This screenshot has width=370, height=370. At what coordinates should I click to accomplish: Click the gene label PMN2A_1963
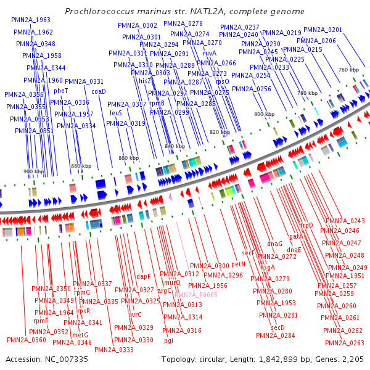31,20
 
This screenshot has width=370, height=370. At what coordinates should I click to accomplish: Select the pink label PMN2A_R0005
196,295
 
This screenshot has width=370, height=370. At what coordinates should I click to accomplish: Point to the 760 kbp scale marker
348,70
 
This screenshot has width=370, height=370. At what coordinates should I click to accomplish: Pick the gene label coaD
99,91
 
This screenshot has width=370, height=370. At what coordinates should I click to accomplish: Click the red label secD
278,327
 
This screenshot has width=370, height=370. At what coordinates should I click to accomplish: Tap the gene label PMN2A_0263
344,343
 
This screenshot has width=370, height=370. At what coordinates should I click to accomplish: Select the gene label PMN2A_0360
27,340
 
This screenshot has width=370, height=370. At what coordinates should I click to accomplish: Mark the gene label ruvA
210,54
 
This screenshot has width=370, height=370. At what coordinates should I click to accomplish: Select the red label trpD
306,226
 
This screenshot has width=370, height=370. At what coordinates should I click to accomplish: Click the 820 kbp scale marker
219,133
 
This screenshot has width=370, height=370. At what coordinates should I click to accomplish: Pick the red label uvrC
134,314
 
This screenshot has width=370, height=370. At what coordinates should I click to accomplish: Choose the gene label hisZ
146,81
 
